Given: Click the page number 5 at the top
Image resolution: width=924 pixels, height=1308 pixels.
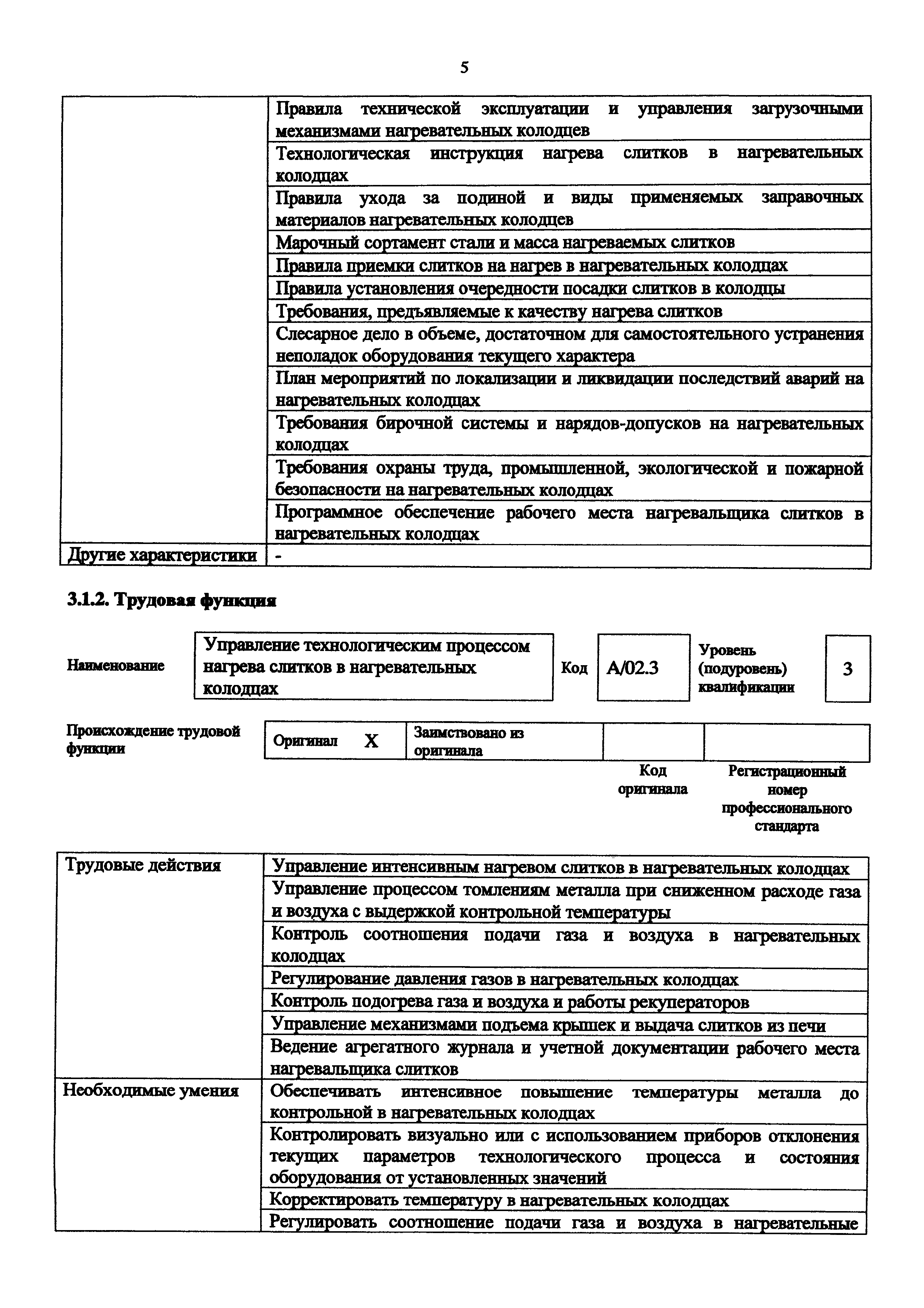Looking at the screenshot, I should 464,68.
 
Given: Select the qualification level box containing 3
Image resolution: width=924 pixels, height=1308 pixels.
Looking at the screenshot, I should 847,668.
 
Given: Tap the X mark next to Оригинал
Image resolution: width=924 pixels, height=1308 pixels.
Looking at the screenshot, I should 371,741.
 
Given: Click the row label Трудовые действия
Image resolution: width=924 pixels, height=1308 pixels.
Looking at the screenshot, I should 142,865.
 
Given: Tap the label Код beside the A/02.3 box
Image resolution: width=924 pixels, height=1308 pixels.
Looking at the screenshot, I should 574,668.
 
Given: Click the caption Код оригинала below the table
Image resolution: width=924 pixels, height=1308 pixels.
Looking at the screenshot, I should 652,779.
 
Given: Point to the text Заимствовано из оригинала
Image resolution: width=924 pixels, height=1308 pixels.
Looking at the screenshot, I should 468,741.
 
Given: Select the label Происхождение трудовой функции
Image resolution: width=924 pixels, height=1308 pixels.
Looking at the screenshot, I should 152,739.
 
